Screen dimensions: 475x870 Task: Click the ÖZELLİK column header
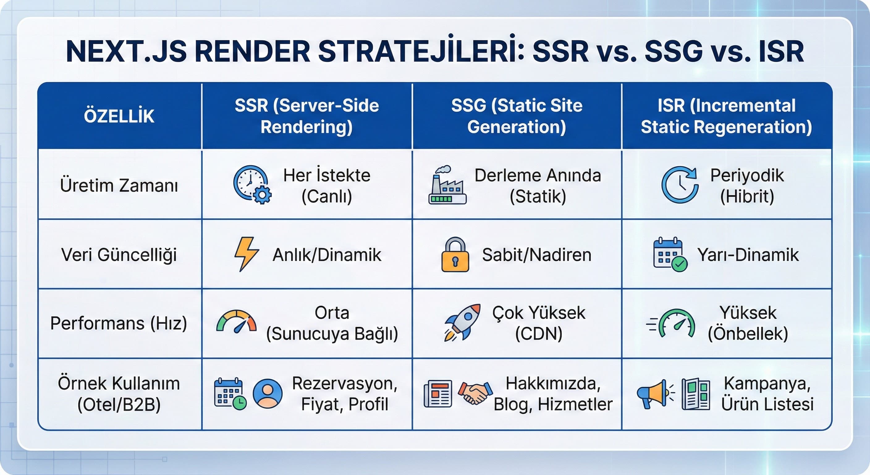[119, 116]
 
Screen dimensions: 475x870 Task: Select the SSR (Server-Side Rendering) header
[307, 116]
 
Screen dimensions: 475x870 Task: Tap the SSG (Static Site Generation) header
[517, 116]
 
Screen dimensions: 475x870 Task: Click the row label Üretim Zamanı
[119, 185]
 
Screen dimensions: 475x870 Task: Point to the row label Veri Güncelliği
[119, 255]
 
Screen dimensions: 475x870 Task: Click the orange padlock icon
[455, 255]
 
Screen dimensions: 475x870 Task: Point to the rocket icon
[462, 322]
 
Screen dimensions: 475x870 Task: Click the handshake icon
[475, 393]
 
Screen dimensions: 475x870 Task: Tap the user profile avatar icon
[268, 393]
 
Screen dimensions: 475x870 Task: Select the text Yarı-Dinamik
[748, 255]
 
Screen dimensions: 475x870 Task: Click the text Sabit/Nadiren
[536, 255]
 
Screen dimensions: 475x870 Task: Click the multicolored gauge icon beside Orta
[236, 322]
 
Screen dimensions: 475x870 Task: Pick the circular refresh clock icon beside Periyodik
[679, 185]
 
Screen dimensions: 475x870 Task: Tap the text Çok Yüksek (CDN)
[539, 323]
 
